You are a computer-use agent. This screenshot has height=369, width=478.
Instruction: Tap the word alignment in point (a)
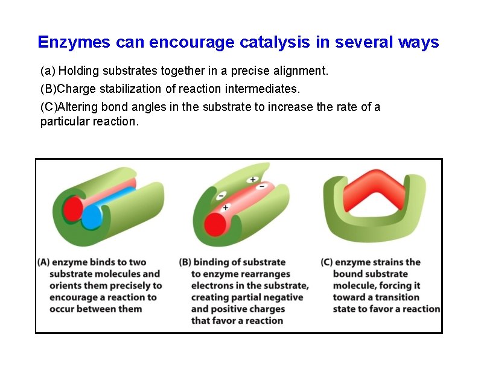pos(300,71)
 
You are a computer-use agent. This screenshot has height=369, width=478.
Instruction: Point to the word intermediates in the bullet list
pos(266,89)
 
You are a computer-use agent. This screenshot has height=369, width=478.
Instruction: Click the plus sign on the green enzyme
pos(252,180)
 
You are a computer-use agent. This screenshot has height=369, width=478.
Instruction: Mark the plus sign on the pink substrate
pos(225,207)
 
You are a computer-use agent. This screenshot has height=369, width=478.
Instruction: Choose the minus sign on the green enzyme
pos(221,195)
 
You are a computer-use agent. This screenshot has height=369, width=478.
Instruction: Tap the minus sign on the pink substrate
pos(261,186)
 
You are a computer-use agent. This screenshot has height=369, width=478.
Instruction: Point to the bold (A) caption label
pos(43,262)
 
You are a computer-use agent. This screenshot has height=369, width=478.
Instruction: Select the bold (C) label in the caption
pos(327,262)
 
